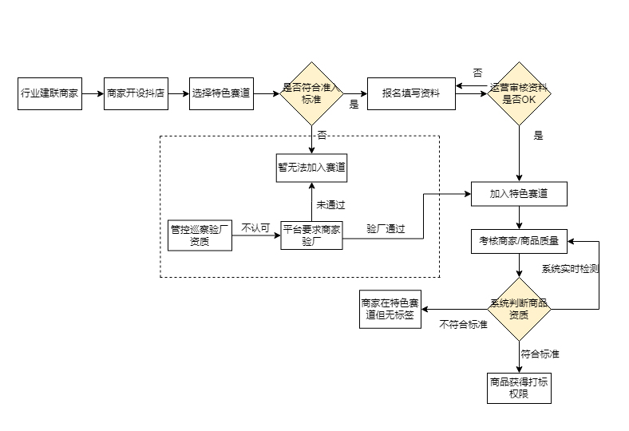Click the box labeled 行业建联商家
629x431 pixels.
49,93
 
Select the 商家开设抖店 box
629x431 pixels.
136,93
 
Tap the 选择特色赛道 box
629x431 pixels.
221,93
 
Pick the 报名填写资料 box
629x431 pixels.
410,93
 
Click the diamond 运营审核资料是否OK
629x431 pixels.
519,93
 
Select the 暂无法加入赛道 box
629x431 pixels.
311,168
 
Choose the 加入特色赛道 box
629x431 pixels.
519,193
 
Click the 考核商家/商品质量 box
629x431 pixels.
519,239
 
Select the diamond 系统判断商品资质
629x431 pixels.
519,309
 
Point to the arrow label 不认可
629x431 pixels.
255,227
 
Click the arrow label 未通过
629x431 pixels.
330,204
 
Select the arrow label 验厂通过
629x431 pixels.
386,229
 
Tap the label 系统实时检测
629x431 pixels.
570,269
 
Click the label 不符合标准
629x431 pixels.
464,325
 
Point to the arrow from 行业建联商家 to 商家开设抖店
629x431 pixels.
93,93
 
